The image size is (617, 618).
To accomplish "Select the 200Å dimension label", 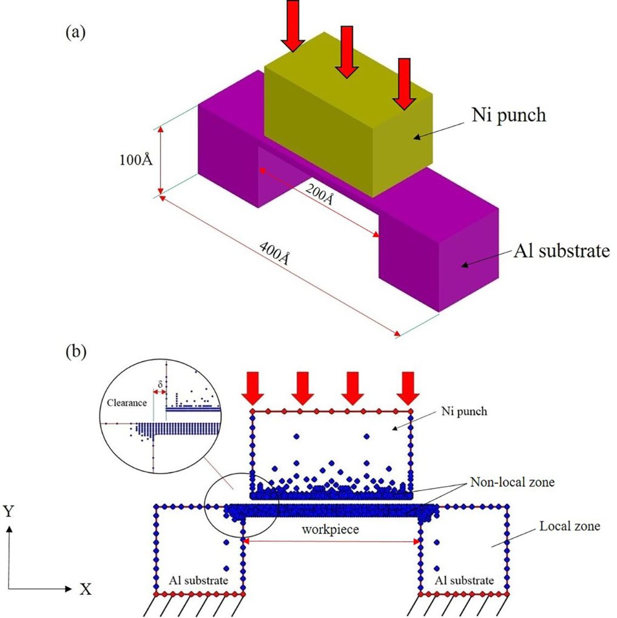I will point(319,196).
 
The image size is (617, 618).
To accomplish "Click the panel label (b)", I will point(75,351).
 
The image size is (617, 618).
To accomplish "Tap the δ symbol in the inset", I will point(160,384).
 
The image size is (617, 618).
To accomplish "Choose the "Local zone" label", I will point(569,526).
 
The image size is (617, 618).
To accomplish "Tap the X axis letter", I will point(86,589).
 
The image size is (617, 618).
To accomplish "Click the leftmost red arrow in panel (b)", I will point(252,388).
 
